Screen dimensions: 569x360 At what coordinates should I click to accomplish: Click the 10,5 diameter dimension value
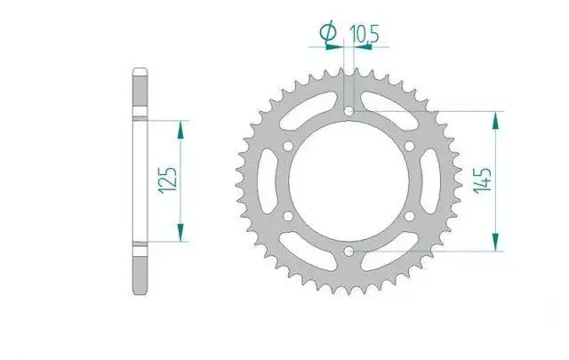click(x=364, y=34)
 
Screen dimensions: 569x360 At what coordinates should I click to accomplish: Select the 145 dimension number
click(x=484, y=180)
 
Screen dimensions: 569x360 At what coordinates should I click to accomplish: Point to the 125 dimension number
click(x=168, y=180)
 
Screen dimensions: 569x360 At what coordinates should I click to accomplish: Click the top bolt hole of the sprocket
click(x=349, y=111)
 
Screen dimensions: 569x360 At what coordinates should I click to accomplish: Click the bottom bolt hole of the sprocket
click(x=349, y=251)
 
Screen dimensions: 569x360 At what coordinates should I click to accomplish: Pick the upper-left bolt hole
click(x=288, y=147)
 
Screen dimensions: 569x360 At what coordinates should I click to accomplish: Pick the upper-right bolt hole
click(x=409, y=147)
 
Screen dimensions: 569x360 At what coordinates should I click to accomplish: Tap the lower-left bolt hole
click(x=288, y=216)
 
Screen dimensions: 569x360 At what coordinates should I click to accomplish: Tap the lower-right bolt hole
click(x=409, y=216)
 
